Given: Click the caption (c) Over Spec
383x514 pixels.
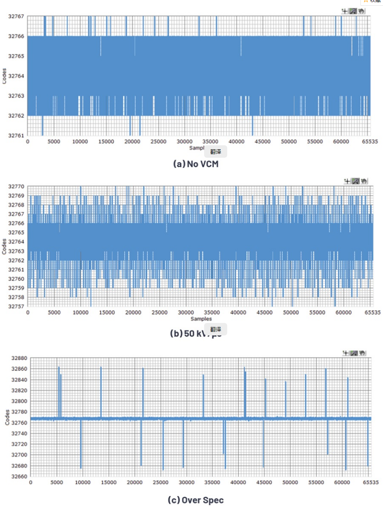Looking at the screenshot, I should (196, 500).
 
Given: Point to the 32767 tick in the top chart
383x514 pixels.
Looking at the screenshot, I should (16, 16).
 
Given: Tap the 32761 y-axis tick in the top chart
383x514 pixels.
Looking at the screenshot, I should (16, 135).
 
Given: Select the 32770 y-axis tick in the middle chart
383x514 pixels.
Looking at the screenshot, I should (16, 187).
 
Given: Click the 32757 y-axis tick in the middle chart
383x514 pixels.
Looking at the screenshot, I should (16, 307).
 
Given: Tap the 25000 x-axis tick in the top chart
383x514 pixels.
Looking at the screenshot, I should (158, 141).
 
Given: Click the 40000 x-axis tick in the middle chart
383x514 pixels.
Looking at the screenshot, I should (239, 313).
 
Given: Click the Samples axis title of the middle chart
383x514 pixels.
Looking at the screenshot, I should (201, 319).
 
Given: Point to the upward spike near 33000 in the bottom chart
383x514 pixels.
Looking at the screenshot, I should (203, 395).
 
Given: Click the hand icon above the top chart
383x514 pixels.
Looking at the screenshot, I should (362, 11).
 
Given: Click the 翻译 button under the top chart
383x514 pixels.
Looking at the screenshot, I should (216, 151).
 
